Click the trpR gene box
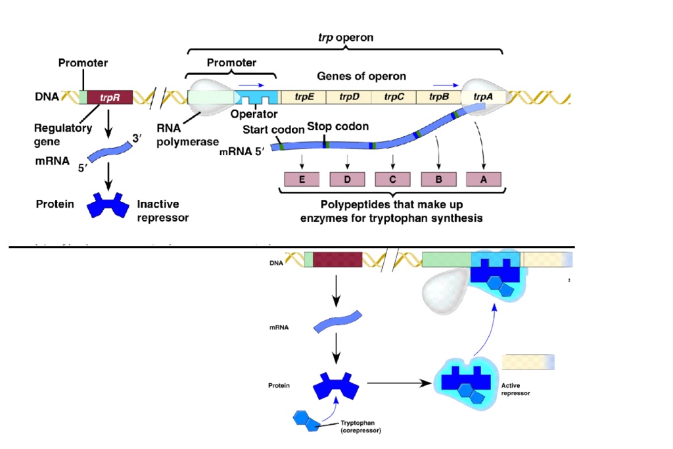pyautogui.click(x=109, y=97)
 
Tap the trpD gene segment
pyautogui.click(x=349, y=97)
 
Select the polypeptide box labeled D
pyautogui.click(x=347, y=179)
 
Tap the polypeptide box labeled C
pyautogui.click(x=392, y=179)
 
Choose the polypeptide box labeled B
pyautogui.click(x=438, y=179)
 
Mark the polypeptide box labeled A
pyautogui.click(x=484, y=179)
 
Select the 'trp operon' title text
pyautogui.click(x=345, y=37)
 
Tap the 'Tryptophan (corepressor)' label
pyautogui.click(x=360, y=427)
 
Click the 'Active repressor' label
pyautogui.click(x=515, y=389)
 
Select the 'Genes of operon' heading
pyautogui.click(x=361, y=76)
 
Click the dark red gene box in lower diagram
pyautogui.click(x=337, y=258)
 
